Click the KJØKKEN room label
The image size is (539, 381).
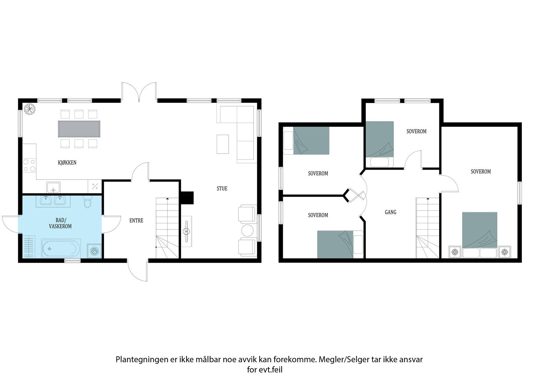click(x=67, y=163)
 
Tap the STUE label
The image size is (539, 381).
click(x=222, y=189)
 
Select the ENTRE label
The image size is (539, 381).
click(x=136, y=221)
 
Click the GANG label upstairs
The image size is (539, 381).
click(x=390, y=212)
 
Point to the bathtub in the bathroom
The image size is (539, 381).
click(x=61, y=248)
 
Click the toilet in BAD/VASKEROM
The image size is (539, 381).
click(x=88, y=203)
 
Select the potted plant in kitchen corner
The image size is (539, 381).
click(x=30, y=109)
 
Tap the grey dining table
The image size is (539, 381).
click(x=79, y=129)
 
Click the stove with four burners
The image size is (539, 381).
click(x=29, y=165)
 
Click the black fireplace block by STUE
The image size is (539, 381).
click(x=187, y=198)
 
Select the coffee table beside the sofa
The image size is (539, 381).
click(x=223, y=144)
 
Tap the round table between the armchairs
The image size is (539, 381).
click(x=248, y=230)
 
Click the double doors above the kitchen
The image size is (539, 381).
click(x=139, y=91)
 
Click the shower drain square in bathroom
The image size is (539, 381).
click(x=94, y=251)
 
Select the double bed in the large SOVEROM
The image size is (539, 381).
click(x=480, y=231)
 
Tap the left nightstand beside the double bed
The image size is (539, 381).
click(x=455, y=252)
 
